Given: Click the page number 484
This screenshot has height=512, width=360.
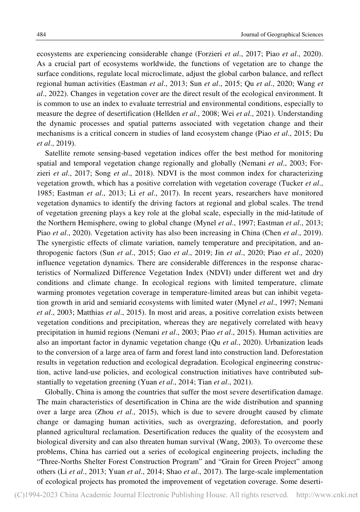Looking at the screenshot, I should [41, 34].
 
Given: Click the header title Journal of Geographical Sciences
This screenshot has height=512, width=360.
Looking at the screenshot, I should [282, 34].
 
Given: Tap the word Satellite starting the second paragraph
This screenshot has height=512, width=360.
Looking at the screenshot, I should [58, 153].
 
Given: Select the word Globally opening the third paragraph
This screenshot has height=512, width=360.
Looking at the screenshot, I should [59, 392].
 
